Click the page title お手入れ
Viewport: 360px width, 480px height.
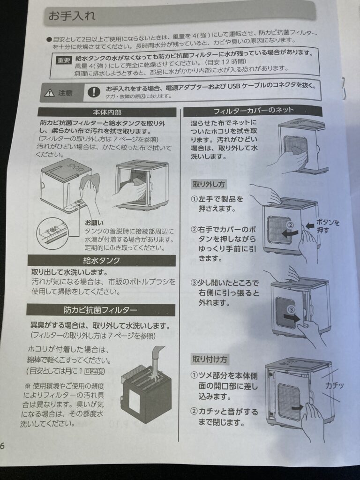(72, 15)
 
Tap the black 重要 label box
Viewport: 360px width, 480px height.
(64, 60)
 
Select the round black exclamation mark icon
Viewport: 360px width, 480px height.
(94, 91)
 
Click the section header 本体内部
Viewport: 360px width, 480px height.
(107, 112)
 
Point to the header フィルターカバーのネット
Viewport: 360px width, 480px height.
(254, 110)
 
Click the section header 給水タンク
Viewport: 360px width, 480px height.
(102, 261)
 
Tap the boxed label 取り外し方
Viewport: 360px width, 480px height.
(209, 184)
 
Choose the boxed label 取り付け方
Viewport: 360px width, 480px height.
(210, 359)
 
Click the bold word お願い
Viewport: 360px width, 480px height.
(94, 223)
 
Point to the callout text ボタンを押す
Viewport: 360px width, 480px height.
(327, 226)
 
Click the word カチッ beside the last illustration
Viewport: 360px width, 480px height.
(334, 385)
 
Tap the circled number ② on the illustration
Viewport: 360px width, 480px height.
(290, 225)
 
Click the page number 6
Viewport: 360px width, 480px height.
(2, 446)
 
